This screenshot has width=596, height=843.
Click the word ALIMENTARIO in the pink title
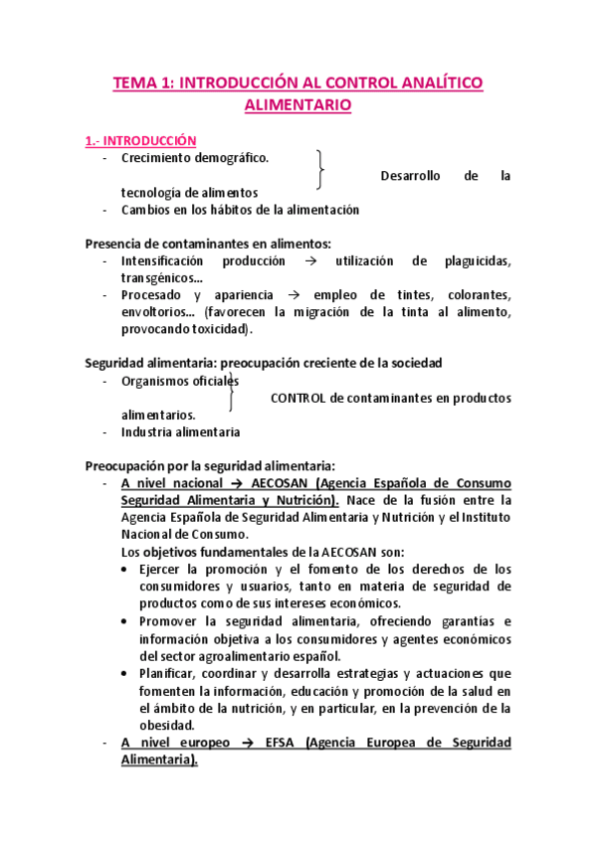pos(298,104)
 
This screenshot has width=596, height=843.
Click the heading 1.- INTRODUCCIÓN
pos(140,141)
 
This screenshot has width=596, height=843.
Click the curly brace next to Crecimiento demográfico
pos(320,170)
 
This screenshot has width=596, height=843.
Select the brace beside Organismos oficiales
pos(231,390)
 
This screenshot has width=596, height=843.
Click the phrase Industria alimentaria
pos(180,431)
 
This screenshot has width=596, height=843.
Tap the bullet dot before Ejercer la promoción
pos(122,570)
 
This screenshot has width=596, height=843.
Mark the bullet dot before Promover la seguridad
pos(122,621)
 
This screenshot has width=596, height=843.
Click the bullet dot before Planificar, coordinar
pos(122,673)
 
